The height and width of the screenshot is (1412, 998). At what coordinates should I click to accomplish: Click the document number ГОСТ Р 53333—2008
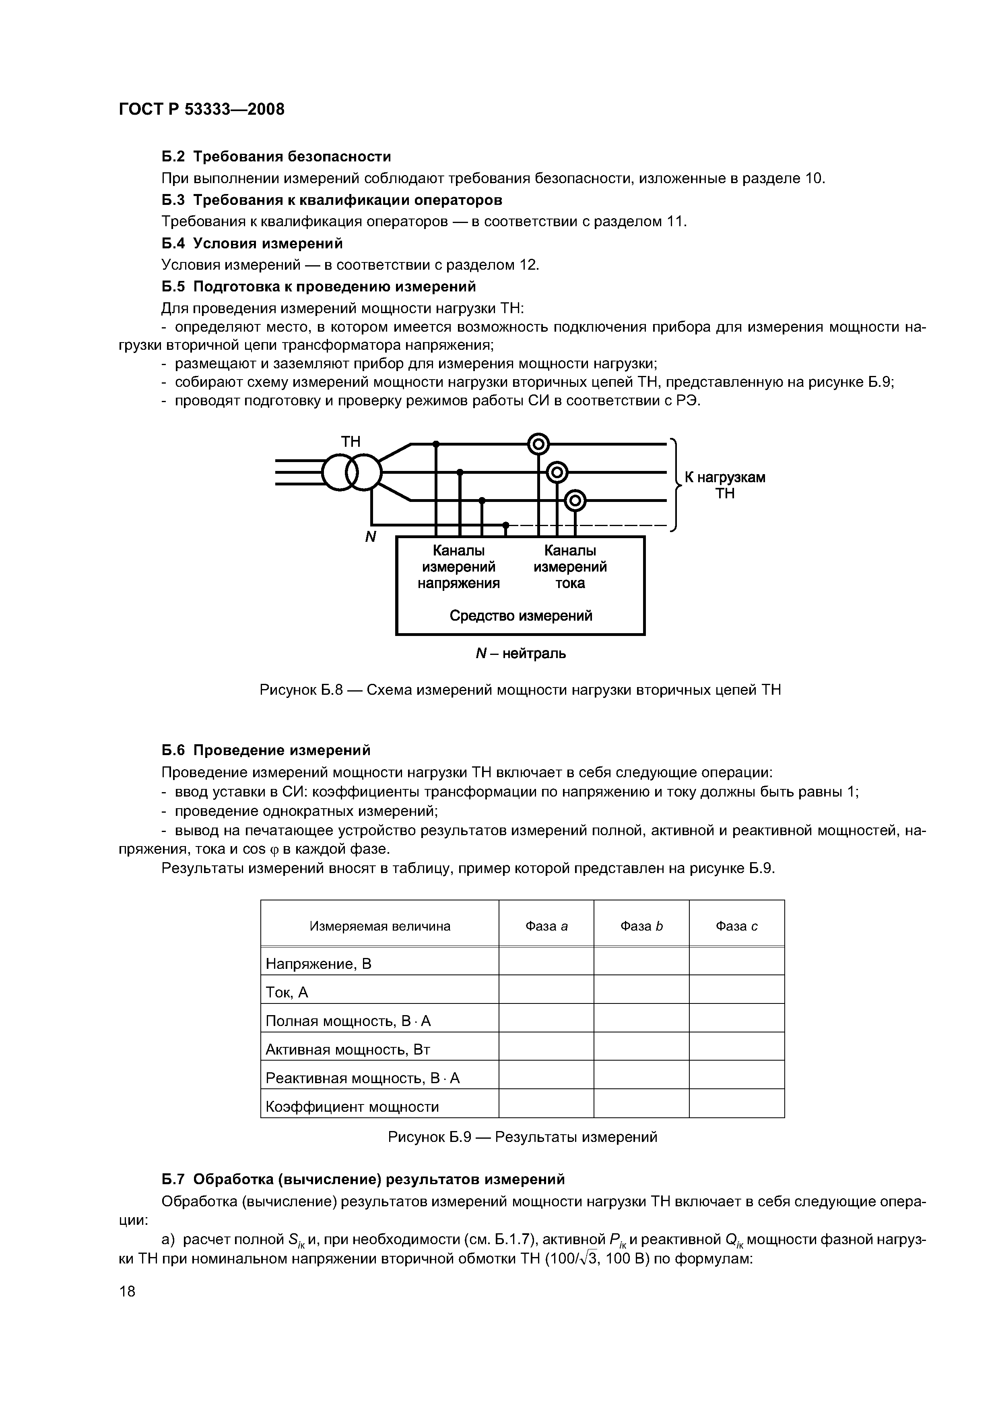click(x=201, y=109)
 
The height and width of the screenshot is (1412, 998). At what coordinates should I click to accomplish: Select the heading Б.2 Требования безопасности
click(x=276, y=157)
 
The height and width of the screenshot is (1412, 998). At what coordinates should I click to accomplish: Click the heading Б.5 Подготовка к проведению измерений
click(x=319, y=287)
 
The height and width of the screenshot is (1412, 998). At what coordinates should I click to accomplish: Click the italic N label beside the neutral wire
click(x=370, y=537)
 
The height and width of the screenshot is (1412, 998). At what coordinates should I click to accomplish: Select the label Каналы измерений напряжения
click(x=459, y=566)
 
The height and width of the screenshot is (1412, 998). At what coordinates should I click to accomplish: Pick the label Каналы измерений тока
click(x=570, y=566)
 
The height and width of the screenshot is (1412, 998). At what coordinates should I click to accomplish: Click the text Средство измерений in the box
click(x=521, y=615)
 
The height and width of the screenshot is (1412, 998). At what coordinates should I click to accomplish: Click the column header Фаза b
click(x=641, y=926)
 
